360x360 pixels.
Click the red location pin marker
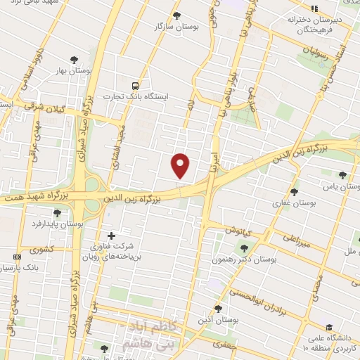pyautogui.click(x=181, y=165)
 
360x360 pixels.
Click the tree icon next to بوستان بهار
pyautogui.click(x=74, y=60)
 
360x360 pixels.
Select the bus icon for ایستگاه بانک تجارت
pyautogui.click(x=134, y=85)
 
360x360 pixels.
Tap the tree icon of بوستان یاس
pyautogui.click(x=342, y=175)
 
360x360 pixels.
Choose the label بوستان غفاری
pyautogui.click(x=294, y=202)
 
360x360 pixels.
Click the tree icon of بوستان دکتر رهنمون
pyautogui.click(x=245, y=247)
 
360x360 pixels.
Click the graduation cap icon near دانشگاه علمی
pyautogui.click(x=328, y=327)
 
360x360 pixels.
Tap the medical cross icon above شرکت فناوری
pyautogui.click(x=110, y=235)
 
